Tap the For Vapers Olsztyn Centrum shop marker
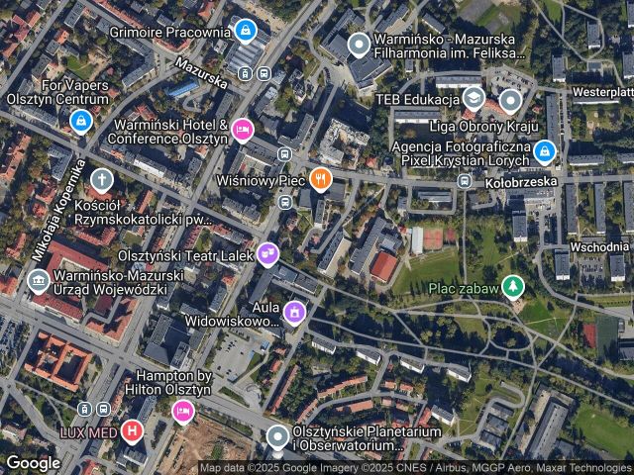click(x=81, y=121)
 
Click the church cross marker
click(x=101, y=179)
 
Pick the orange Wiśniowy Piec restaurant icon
click(x=319, y=179)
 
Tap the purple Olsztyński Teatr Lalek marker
click(x=266, y=254)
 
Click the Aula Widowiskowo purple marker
click(x=293, y=313)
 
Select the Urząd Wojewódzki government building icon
click(x=39, y=282)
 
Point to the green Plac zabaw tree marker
click(x=512, y=287)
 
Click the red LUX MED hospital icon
click(x=132, y=430)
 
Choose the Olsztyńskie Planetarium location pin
click(x=278, y=436)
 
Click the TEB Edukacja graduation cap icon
click(x=474, y=99)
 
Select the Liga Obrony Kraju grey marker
click(x=510, y=100)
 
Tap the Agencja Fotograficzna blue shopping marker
click(x=544, y=151)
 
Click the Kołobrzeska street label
click(x=522, y=182)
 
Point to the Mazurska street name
click(x=201, y=70)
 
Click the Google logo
click(x=33, y=462)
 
